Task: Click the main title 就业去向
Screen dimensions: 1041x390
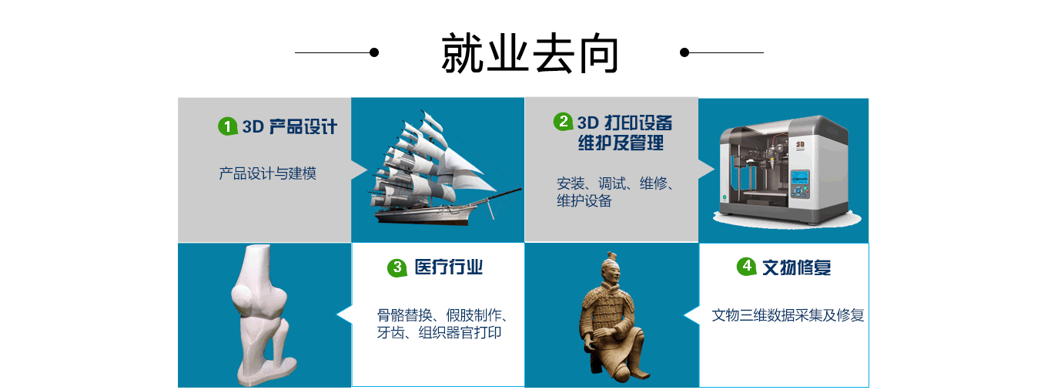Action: tap(530, 53)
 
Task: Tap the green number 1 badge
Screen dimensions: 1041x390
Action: tap(228, 126)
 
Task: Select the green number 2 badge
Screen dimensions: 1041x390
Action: tap(563, 122)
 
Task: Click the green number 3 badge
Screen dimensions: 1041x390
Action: tap(397, 267)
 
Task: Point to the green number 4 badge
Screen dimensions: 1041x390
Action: tap(747, 266)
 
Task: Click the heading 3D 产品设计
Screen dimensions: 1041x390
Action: tap(290, 126)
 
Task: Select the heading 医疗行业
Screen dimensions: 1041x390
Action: tap(449, 267)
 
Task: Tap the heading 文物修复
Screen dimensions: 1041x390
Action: tap(797, 267)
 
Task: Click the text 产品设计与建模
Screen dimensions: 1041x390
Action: tap(268, 173)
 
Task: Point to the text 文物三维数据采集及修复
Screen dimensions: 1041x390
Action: tap(788, 315)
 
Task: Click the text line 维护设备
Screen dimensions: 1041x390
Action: tap(584, 201)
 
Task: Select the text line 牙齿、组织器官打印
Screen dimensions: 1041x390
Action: tap(439, 333)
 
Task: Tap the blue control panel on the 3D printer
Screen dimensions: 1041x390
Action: tap(799, 183)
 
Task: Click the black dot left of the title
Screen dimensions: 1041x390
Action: tap(374, 52)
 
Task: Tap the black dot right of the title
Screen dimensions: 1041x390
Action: tap(684, 52)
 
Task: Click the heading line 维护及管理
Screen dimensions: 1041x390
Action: tap(621, 143)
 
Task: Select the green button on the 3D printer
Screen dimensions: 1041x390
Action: tap(724, 197)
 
